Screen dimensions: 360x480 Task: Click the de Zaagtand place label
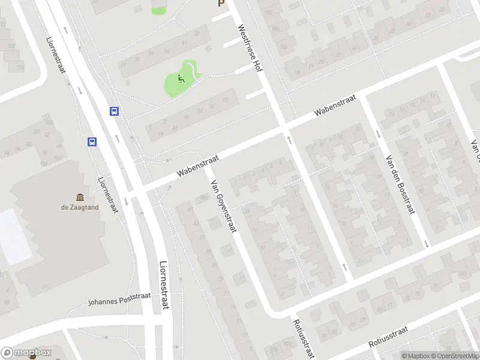point(80,208)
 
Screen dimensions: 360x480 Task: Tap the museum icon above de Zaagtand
point(80,197)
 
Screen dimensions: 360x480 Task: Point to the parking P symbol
point(221,4)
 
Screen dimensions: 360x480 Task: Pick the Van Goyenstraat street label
point(223,200)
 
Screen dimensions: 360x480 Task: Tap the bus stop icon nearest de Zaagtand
point(92,142)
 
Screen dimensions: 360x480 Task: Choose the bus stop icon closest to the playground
point(114,111)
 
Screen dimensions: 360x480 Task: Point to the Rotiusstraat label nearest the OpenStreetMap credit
point(388,337)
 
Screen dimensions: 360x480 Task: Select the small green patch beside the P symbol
point(159,10)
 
